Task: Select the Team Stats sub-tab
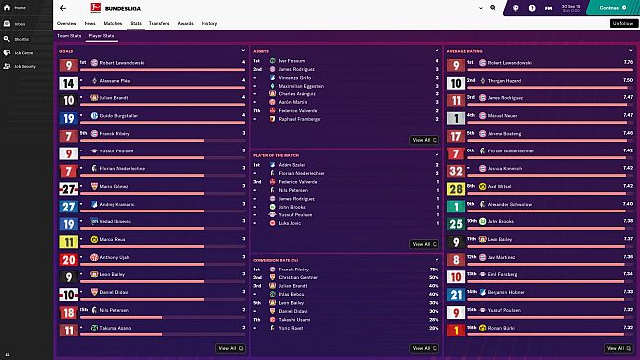(68, 35)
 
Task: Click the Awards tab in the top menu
(186, 22)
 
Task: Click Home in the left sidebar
(20, 8)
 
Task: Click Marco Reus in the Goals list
(114, 239)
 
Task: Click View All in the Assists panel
(421, 140)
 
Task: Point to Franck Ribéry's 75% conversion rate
(434, 269)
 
